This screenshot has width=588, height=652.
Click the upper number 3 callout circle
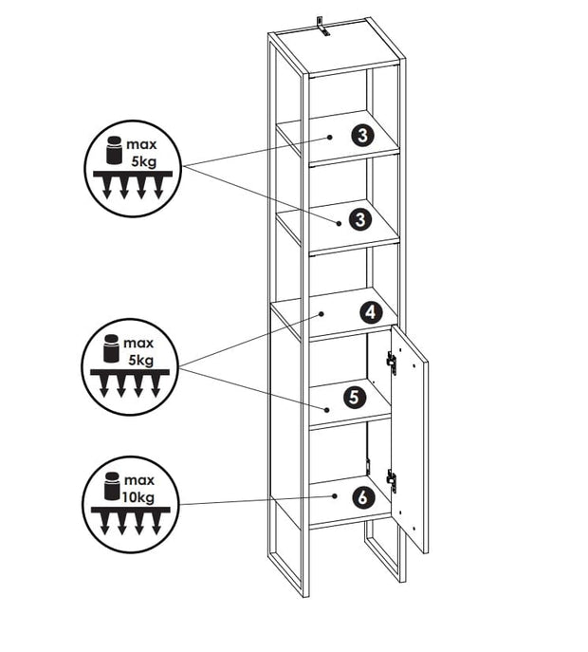(361, 135)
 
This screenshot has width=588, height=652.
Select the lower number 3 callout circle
(358, 220)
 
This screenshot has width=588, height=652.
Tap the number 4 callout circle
(371, 310)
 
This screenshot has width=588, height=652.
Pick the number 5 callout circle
(352, 398)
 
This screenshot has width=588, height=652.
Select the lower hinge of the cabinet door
(392, 480)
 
